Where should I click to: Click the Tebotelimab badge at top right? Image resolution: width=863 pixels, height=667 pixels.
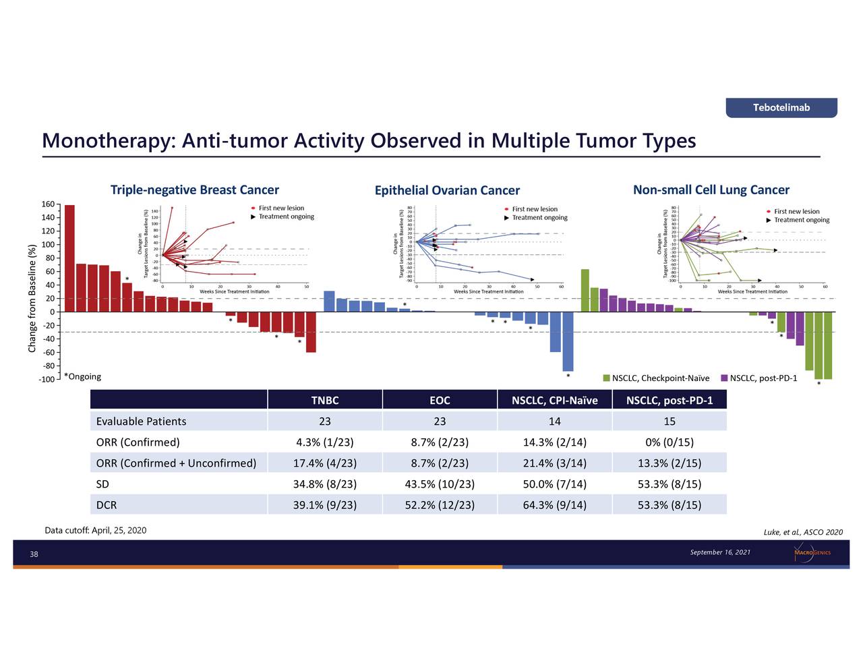coord(781,108)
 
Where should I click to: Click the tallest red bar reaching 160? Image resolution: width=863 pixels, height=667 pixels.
coord(69,258)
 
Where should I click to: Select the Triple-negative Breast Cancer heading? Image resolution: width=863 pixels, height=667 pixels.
coord(194,190)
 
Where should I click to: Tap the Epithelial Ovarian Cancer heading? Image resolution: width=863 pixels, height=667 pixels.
coord(447,191)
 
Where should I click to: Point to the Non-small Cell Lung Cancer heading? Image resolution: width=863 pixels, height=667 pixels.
coord(711,190)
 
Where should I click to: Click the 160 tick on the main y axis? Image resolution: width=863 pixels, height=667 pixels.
coord(47,204)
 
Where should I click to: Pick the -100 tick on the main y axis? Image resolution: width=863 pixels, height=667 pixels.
coord(46,380)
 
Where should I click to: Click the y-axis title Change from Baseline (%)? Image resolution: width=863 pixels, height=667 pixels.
coord(32,297)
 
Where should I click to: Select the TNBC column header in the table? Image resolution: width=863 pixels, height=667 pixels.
coord(325,401)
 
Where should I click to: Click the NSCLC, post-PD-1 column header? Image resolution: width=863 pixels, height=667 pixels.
coord(669,401)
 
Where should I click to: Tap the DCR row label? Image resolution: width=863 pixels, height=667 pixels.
coord(107,505)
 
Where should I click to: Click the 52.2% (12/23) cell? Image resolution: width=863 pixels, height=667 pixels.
coord(440,505)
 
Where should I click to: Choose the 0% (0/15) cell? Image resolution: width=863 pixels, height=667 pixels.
coord(669,442)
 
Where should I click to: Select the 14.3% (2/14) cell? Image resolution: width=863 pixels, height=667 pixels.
coord(554,442)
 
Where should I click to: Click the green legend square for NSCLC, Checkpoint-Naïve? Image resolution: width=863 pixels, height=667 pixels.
coord(606,378)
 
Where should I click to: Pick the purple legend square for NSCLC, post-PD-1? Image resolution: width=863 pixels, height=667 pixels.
coord(724,378)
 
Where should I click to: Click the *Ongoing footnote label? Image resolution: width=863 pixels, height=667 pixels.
coord(82,377)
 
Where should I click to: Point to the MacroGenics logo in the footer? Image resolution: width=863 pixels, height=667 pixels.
coord(812,553)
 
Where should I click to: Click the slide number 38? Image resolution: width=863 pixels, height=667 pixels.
coord(34,555)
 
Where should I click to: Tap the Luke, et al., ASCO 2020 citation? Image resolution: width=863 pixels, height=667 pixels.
coord(803,533)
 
